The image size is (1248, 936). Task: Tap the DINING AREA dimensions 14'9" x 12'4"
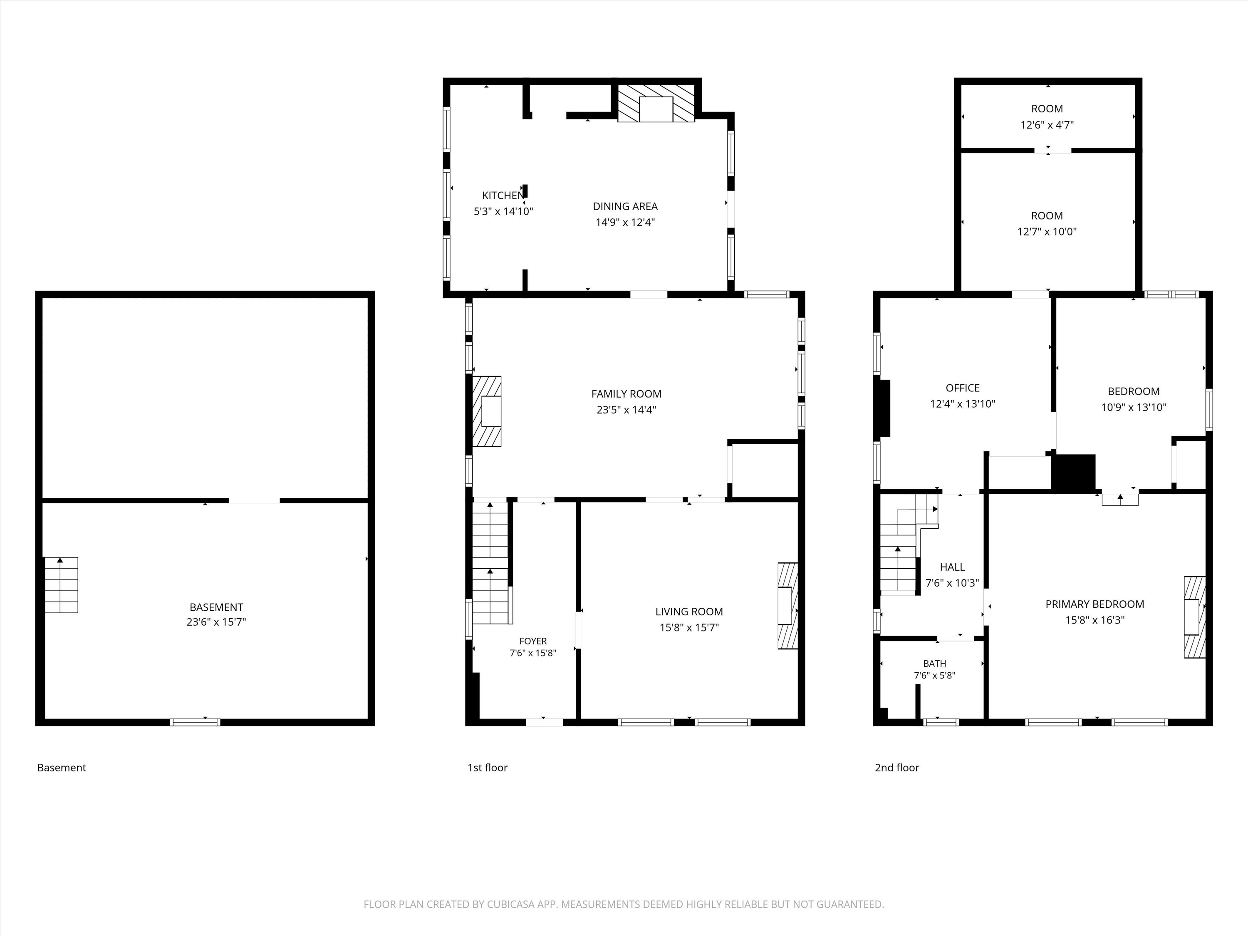click(x=625, y=222)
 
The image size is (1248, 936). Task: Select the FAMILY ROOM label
click(x=626, y=394)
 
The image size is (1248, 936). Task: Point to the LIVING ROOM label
click(x=689, y=612)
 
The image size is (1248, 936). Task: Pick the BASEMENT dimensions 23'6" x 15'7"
click(x=216, y=622)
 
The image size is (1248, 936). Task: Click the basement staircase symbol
click(x=61, y=584)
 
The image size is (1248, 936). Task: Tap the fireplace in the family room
click(x=486, y=411)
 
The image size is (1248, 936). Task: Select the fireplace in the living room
click(x=787, y=605)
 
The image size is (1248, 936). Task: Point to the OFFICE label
click(x=963, y=388)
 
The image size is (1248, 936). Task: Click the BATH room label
click(x=935, y=664)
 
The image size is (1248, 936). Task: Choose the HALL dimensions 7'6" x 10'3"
click(x=952, y=583)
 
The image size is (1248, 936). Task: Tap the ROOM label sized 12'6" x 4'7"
click(x=1047, y=109)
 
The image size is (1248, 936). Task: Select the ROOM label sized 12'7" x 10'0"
click(x=1047, y=215)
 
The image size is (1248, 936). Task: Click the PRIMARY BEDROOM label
click(x=1094, y=604)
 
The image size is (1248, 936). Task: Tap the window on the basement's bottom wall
click(x=195, y=722)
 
